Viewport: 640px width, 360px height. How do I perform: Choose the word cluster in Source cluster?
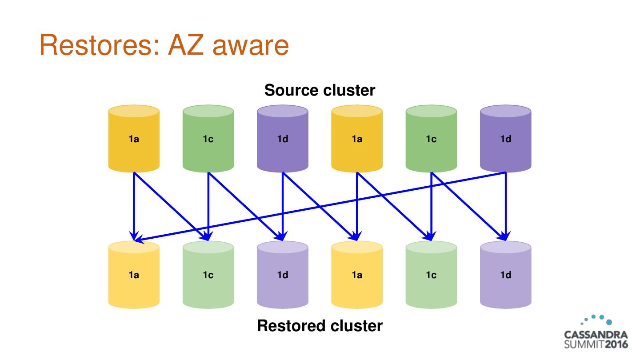pyautogui.click(x=349, y=90)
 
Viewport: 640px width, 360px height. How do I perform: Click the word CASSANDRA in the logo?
pyautogui.click(x=596, y=335)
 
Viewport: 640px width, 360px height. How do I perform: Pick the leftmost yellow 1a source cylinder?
pyautogui.click(x=134, y=139)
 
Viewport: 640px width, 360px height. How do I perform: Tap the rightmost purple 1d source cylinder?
pyautogui.click(x=506, y=139)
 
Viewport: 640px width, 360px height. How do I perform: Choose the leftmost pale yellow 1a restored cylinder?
pyautogui.click(x=134, y=275)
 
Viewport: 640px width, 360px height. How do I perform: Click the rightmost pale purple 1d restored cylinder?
pyautogui.click(x=506, y=275)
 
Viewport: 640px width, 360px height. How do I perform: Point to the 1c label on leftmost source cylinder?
pyautogui.click(x=208, y=139)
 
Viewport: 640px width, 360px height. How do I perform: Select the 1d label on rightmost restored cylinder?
pyautogui.click(x=506, y=275)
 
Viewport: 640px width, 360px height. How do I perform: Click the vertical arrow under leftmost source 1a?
pyautogui.click(x=134, y=204)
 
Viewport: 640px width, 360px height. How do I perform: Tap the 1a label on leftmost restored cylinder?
pyautogui.click(x=134, y=275)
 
